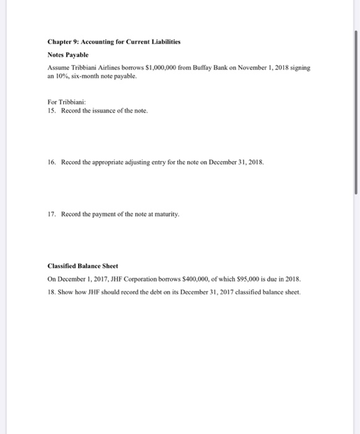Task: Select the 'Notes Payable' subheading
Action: click(69, 54)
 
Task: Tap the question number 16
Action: click(51, 161)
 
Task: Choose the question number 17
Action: click(51, 213)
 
